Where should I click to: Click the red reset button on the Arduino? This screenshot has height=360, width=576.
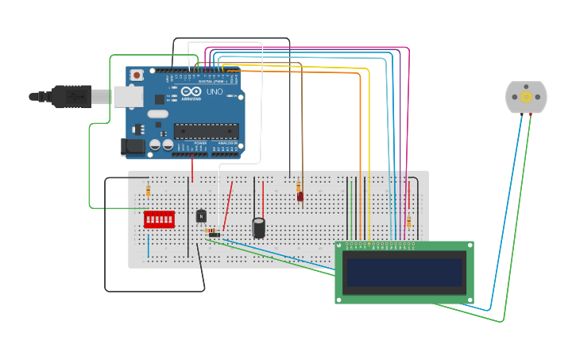pyautogui.click(x=137, y=75)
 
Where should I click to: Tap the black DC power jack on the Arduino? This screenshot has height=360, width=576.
pyautogui.click(x=132, y=146)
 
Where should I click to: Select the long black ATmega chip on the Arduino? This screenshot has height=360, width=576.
pyautogui.click(x=206, y=131)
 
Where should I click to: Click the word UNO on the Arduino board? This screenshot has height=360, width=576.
pyautogui.click(x=215, y=91)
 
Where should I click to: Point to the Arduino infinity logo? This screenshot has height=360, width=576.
pyautogui.click(x=191, y=91)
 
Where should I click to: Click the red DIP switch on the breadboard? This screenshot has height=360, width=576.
pyautogui.click(x=159, y=219)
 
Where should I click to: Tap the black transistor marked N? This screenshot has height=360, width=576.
pyautogui.click(x=201, y=215)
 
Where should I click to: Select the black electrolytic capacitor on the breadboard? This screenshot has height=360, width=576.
pyautogui.click(x=259, y=228)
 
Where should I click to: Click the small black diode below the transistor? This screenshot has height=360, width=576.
pyautogui.click(x=213, y=234)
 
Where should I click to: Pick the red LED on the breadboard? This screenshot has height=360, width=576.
pyautogui.click(x=300, y=196)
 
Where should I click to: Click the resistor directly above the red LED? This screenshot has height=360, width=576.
pyautogui.click(x=299, y=186)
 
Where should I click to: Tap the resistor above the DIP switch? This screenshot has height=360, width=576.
pyautogui.click(x=148, y=190)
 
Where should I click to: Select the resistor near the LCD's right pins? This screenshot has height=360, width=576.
pyautogui.click(x=408, y=223)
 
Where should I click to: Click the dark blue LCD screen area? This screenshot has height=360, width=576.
pyautogui.click(x=404, y=272)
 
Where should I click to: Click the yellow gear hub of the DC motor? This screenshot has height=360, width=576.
pyautogui.click(x=526, y=97)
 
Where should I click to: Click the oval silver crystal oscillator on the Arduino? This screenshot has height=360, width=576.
pyautogui.click(x=158, y=114)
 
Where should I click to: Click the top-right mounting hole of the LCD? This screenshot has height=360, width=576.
pyautogui.click(x=469, y=246)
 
